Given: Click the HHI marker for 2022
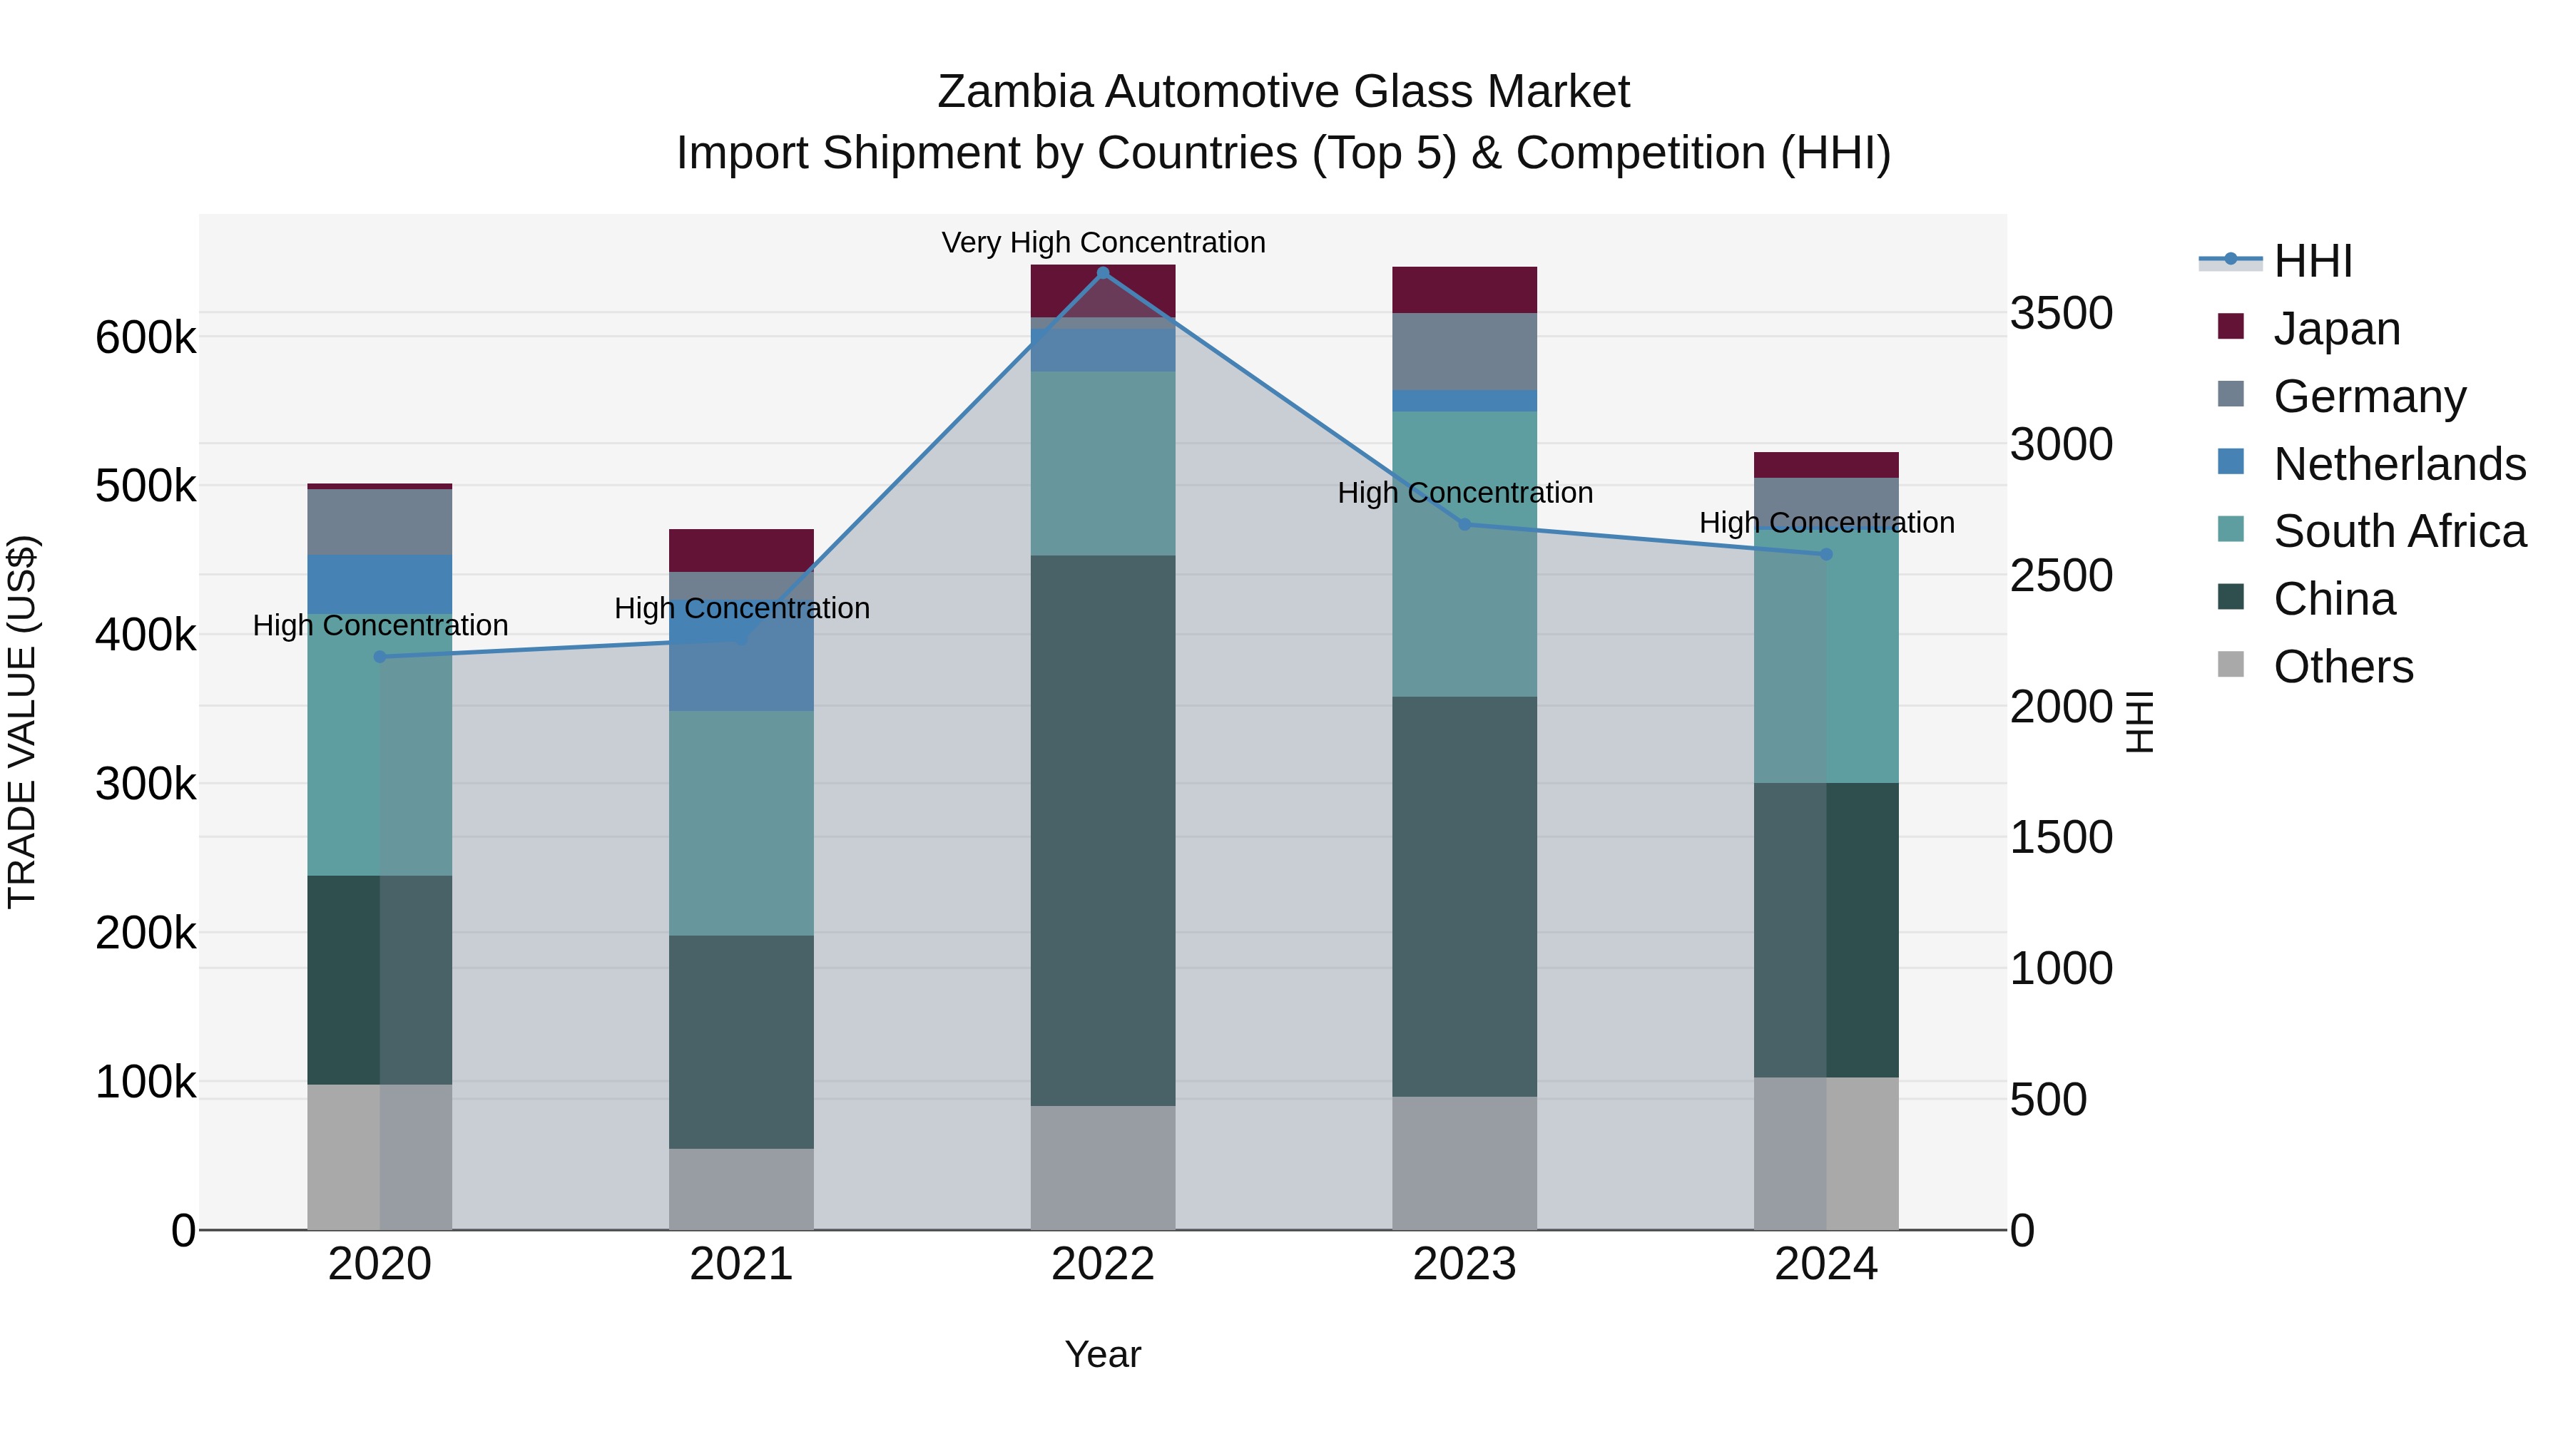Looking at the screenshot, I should (x=1103, y=272).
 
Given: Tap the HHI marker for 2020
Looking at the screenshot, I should (x=379, y=657).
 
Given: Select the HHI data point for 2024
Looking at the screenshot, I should (x=1826, y=554).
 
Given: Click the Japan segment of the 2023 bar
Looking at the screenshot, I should (x=1464, y=290).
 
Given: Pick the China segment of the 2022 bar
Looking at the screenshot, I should (x=1103, y=830).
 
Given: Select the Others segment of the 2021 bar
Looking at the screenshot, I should (x=740, y=1189).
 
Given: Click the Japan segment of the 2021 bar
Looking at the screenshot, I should (x=740, y=550).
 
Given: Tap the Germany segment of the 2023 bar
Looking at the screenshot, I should (x=1464, y=352).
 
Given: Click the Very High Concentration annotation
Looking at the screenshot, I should (x=1103, y=242).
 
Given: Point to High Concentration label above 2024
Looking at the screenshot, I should (x=1826, y=522).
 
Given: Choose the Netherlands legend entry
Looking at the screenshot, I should (x=2400, y=464).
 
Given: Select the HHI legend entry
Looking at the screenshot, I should (x=2313, y=261).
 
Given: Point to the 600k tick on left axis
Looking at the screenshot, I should (x=146, y=337).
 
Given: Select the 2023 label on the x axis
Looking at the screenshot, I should (x=1464, y=1264).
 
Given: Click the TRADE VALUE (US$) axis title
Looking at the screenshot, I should (x=22, y=722).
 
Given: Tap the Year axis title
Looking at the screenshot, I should (x=1103, y=1354).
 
